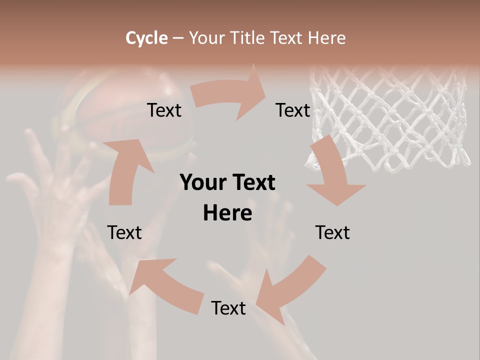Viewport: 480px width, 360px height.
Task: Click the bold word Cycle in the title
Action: tap(146, 38)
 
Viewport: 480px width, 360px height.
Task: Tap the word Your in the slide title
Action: tap(207, 38)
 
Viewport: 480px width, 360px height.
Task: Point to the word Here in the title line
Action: tap(326, 38)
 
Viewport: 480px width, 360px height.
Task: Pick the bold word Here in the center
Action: tap(227, 213)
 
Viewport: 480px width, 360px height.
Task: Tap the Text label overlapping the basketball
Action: tap(164, 110)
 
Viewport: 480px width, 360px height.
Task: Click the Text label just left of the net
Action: tap(293, 110)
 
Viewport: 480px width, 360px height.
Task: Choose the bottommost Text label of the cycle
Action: tap(228, 308)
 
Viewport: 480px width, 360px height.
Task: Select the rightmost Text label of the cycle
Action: tap(332, 233)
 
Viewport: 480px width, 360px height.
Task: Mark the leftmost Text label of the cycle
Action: tap(124, 233)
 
